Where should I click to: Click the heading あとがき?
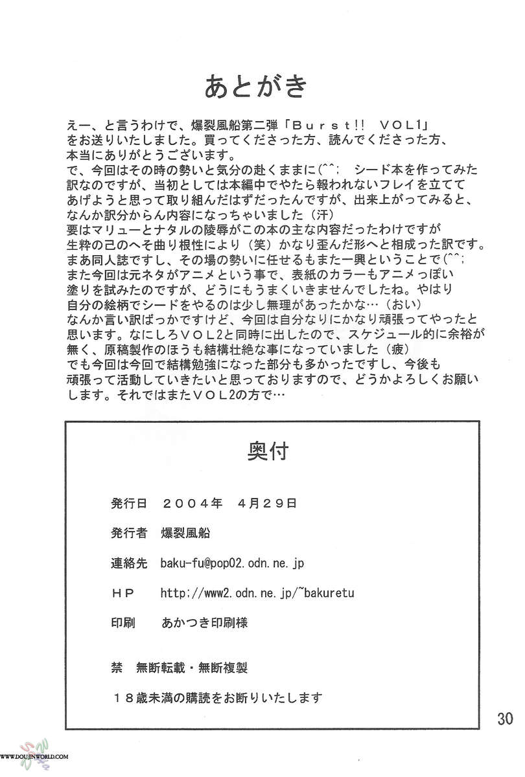(255, 86)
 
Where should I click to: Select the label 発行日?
(132, 503)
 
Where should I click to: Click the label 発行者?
(132, 533)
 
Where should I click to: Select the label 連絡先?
(132, 563)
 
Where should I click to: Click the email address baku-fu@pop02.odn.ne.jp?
(231, 563)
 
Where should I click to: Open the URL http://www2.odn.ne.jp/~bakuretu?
(257, 593)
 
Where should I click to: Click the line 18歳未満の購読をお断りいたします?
(217, 697)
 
